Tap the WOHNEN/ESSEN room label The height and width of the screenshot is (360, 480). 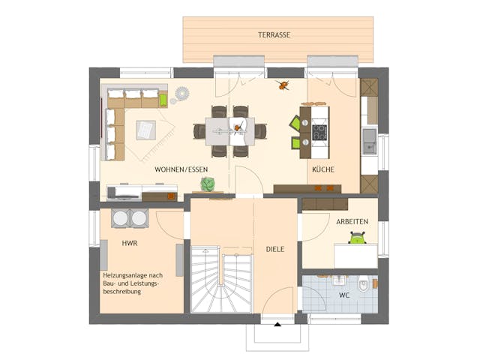(181, 169)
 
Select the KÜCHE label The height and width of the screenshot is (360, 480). (323, 169)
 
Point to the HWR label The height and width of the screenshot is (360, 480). (129, 244)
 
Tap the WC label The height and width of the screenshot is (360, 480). (343, 295)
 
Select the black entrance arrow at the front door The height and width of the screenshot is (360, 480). (277, 324)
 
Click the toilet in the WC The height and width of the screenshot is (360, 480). (364, 284)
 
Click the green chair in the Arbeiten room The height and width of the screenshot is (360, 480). (357, 238)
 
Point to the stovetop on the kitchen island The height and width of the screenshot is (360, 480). (319, 132)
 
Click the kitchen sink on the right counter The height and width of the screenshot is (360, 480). (369, 141)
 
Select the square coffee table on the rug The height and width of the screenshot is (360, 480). (146, 130)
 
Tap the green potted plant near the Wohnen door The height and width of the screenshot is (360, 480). (208, 184)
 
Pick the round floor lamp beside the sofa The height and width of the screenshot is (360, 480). (180, 95)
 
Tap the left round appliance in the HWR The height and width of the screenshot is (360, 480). (120, 217)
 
